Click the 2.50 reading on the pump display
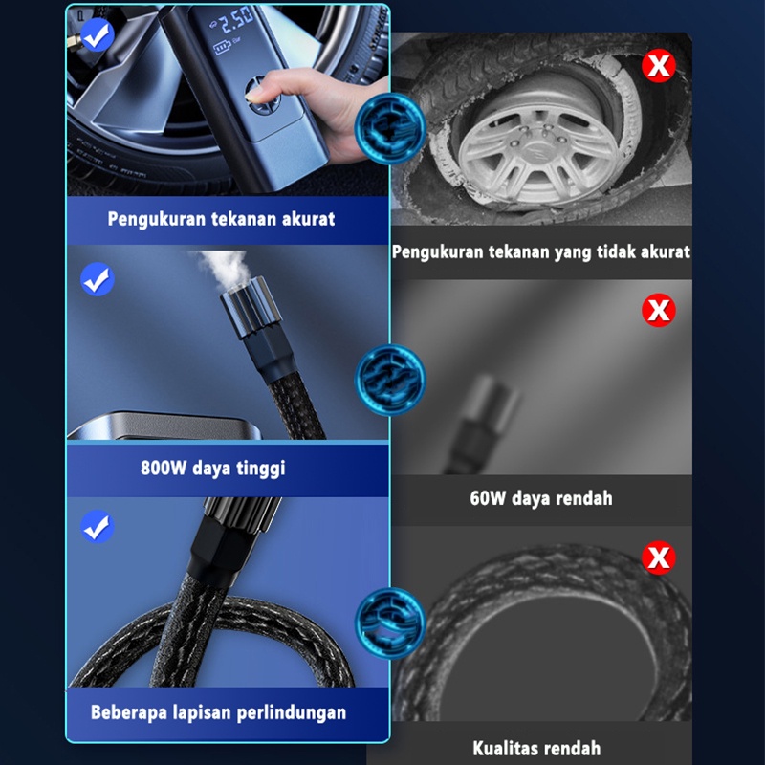pyautogui.click(x=236, y=21)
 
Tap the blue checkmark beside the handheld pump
pyautogui.click(x=98, y=35)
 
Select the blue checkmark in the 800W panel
pyautogui.click(x=98, y=279)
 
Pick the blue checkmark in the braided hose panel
pyautogui.click(x=98, y=527)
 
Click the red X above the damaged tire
pyautogui.click(x=659, y=65)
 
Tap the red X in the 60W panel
pyautogui.click(x=659, y=310)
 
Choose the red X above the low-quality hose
pyautogui.click(x=659, y=557)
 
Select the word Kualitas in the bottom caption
pyautogui.click(x=504, y=748)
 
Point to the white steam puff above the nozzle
pyautogui.click(x=223, y=267)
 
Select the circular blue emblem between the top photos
pyautogui.click(x=390, y=128)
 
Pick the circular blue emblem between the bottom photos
pyautogui.click(x=390, y=623)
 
